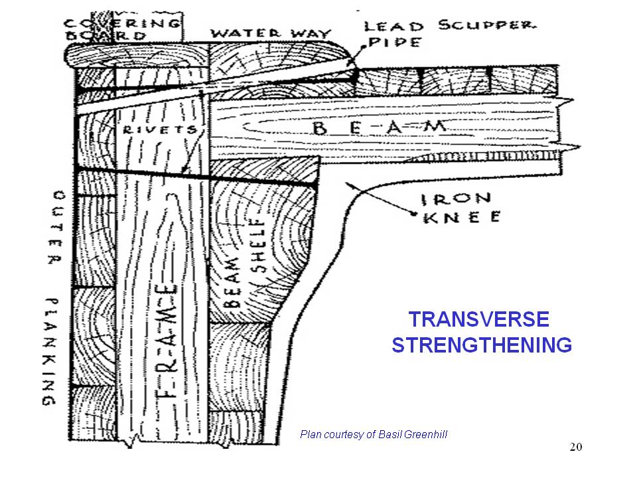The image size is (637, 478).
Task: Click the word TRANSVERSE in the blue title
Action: tap(478, 320)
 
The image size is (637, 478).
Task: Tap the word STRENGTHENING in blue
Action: tap(481, 346)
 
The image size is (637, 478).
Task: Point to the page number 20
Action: tap(575, 447)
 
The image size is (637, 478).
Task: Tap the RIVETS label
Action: tap(159, 130)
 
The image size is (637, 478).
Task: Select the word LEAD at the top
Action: tap(394, 27)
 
